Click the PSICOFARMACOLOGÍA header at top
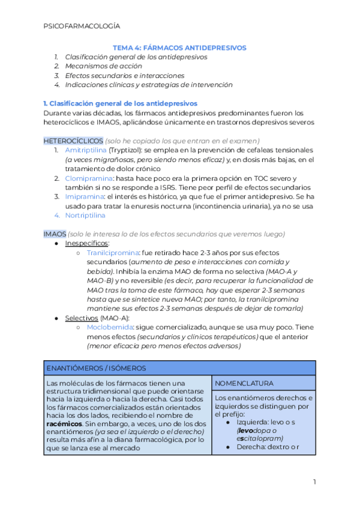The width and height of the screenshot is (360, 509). click(x=82, y=26)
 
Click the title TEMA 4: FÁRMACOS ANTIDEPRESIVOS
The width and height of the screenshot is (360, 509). click(x=180, y=47)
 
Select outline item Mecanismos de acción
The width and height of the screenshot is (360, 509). click(x=104, y=66)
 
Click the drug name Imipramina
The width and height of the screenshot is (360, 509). click(x=84, y=196)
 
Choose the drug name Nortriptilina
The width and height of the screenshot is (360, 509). click(x=85, y=215)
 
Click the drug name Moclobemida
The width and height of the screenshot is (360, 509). click(x=110, y=327)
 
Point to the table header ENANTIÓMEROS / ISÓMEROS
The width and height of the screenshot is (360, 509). click(x=96, y=368)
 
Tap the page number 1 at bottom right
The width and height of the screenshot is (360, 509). click(x=314, y=482)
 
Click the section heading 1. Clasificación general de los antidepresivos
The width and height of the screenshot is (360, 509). click(x=120, y=103)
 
